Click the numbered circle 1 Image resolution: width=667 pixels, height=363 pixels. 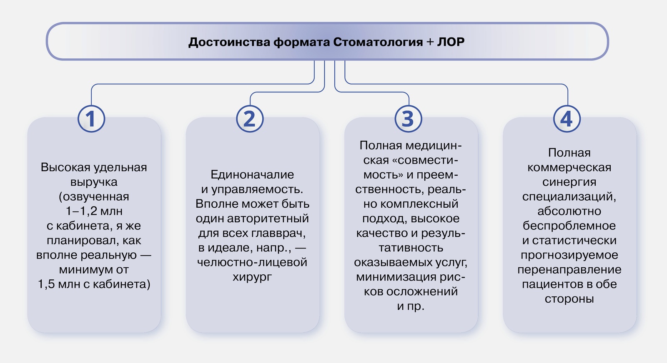click(x=91, y=119)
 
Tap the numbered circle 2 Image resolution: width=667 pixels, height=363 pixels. click(x=250, y=119)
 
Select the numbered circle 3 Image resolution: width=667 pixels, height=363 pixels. click(x=408, y=119)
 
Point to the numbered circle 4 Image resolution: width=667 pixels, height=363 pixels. click(x=567, y=119)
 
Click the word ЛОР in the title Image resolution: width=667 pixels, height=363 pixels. click(x=451, y=42)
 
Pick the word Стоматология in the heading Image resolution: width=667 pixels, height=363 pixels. click(x=378, y=42)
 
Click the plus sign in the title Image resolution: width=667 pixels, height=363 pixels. click(x=430, y=42)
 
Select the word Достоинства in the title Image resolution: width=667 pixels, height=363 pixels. click(x=229, y=42)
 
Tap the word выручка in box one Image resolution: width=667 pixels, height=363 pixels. click(x=94, y=182)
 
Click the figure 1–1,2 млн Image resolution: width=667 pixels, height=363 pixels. click(x=94, y=211)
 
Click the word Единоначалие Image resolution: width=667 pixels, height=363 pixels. click(x=252, y=174)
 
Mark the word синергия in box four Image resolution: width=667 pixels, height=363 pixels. click(x=569, y=182)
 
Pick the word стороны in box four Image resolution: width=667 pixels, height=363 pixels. click(x=569, y=299)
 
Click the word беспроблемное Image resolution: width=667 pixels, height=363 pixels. click(x=569, y=226)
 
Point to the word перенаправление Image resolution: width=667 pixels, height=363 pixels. click(x=569, y=270)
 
